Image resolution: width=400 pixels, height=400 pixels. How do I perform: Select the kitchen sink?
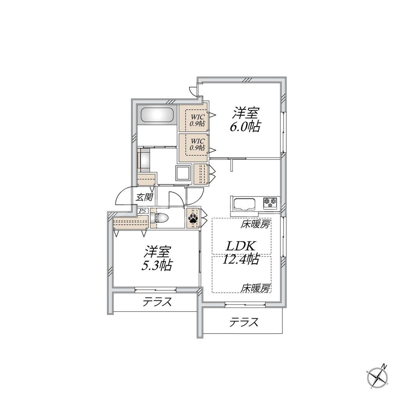[x=244, y=204]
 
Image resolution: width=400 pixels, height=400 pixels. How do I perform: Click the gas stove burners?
[x=270, y=202]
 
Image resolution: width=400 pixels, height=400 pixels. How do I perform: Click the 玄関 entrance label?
[x=144, y=197]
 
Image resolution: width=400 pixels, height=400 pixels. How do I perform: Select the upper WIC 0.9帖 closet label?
[x=197, y=120]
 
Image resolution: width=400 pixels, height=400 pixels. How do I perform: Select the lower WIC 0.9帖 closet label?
[x=197, y=144]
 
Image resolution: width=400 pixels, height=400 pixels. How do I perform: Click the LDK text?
[x=241, y=246]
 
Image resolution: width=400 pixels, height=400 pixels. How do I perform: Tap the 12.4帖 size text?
[x=241, y=259]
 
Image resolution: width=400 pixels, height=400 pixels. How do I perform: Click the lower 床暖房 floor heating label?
[x=255, y=288]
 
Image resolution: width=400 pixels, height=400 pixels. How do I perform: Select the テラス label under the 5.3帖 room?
[x=157, y=302]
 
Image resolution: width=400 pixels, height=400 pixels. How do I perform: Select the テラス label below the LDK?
[x=244, y=322]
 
